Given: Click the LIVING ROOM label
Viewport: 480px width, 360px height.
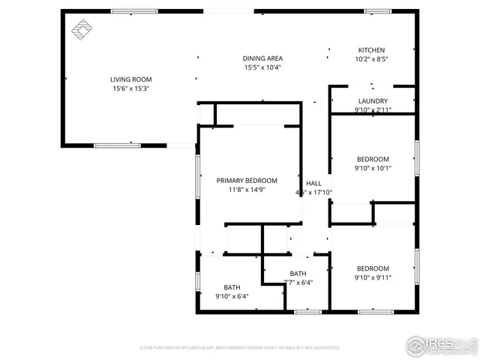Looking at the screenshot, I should point(130,79).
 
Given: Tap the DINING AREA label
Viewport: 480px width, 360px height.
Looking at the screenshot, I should point(262,58).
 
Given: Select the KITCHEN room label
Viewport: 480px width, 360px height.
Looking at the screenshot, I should point(370,50).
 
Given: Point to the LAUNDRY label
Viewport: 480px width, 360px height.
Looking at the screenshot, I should point(373,101).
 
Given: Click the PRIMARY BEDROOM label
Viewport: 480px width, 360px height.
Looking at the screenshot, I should point(247,181).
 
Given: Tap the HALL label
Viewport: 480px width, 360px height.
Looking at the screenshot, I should point(313,184).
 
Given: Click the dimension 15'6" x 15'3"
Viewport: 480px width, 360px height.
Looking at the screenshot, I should point(130,88).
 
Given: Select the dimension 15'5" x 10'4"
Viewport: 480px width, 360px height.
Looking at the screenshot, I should point(262,67).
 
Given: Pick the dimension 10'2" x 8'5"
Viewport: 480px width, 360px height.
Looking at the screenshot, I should point(370,59).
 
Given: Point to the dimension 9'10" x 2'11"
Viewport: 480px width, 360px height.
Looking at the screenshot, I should point(373,110).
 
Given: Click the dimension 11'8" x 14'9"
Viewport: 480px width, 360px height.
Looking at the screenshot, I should point(247,190).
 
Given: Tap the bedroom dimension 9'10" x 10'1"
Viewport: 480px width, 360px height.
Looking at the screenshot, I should point(373,168).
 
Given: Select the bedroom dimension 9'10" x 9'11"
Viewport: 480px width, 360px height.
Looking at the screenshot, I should point(373,277).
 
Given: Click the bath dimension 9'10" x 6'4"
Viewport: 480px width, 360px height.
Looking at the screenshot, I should point(231,296).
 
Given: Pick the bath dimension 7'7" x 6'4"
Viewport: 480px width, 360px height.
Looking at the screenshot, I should point(298,283).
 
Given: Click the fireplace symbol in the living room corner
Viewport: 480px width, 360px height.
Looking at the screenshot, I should point(80,29).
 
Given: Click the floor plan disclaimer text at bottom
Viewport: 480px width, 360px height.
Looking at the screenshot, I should point(239,348).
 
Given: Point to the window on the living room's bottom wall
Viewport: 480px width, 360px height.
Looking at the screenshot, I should point(117,145).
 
